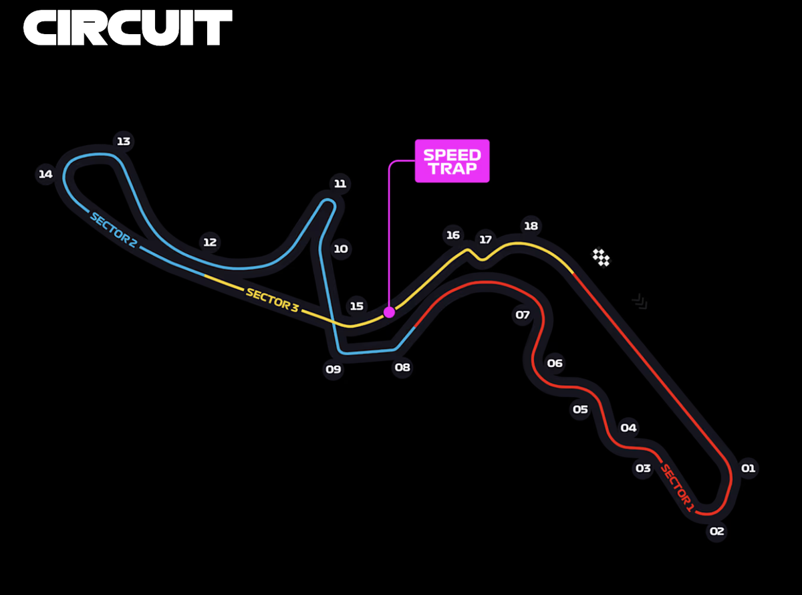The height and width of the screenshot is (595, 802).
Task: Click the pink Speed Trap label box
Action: [x=452, y=161]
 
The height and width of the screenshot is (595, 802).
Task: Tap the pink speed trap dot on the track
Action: [x=389, y=312]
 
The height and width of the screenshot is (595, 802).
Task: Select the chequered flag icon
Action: [x=601, y=257]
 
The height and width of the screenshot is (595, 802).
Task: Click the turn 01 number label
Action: [x=748, y=469]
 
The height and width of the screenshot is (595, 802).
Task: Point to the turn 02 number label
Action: [x=716, y=531]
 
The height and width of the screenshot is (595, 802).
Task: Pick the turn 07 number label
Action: [x=523, y=315]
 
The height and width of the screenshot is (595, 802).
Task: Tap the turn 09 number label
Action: [x=333, y=369]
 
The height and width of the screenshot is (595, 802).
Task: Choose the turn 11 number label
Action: [x=340, y=184]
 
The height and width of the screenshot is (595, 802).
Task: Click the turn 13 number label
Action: [x=123, y=141]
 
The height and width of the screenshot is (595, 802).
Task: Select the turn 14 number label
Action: [x=45, y=174]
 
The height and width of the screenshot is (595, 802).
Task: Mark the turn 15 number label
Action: [x=356, y=306]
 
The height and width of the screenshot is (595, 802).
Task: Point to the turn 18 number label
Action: [x=531, y=226]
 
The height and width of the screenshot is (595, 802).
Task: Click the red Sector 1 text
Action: [x=677, y=488]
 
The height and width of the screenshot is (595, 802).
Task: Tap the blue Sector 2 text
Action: [x=114, y=231]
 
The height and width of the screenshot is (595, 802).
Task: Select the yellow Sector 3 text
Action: [x=272, y=300]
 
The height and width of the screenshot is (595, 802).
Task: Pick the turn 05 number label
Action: [x=580, y=409]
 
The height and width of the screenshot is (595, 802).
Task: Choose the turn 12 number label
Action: [x=210, y=242]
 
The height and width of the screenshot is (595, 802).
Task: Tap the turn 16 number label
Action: [x=452, y=235]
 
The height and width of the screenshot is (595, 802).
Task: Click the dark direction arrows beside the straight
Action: [x=640, y=302]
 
